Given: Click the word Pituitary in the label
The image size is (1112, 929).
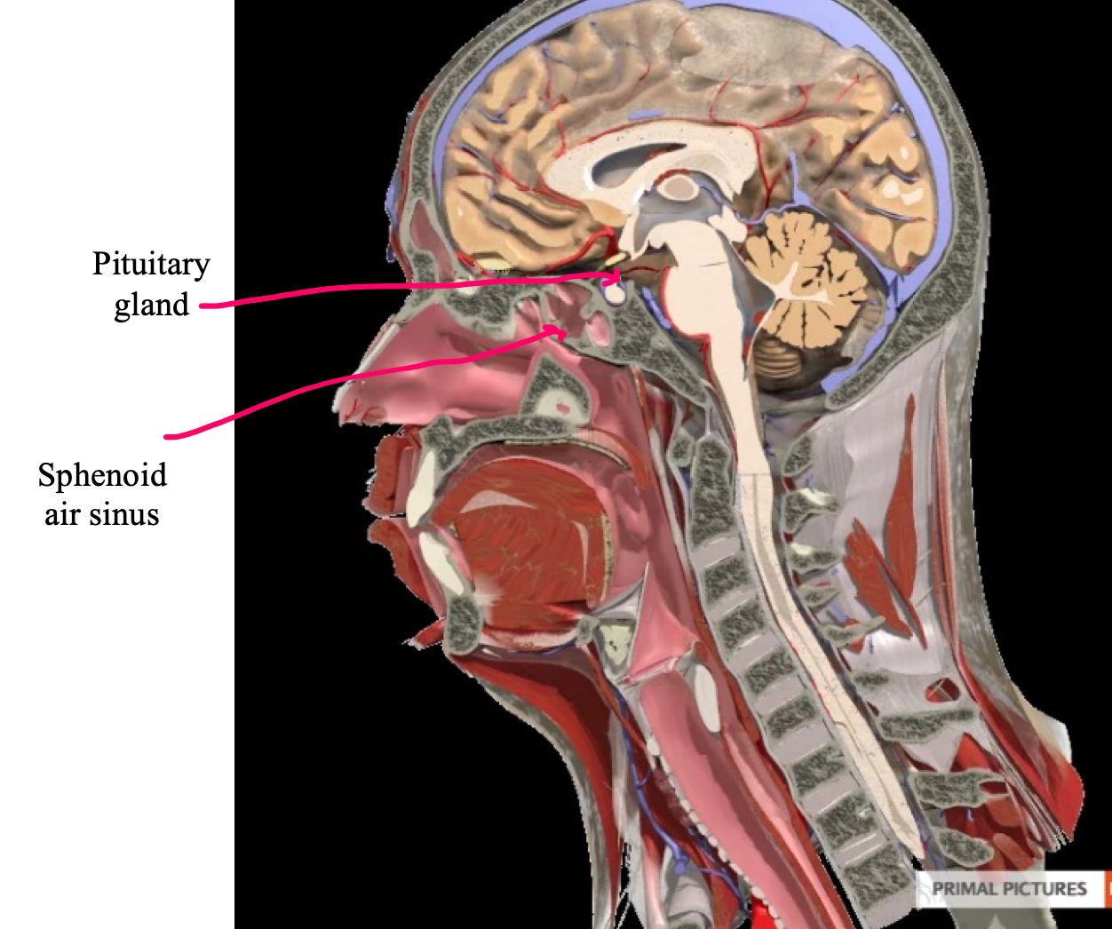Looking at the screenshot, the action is [x=151, y=265].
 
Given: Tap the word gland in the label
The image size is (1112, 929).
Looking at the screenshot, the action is [x=151, y=305].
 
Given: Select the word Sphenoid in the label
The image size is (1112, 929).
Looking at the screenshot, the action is [x=102, y=475].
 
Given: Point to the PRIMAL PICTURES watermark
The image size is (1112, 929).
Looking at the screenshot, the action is [x=1009, y=888].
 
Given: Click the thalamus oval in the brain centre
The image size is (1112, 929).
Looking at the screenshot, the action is [x=680, y=187].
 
